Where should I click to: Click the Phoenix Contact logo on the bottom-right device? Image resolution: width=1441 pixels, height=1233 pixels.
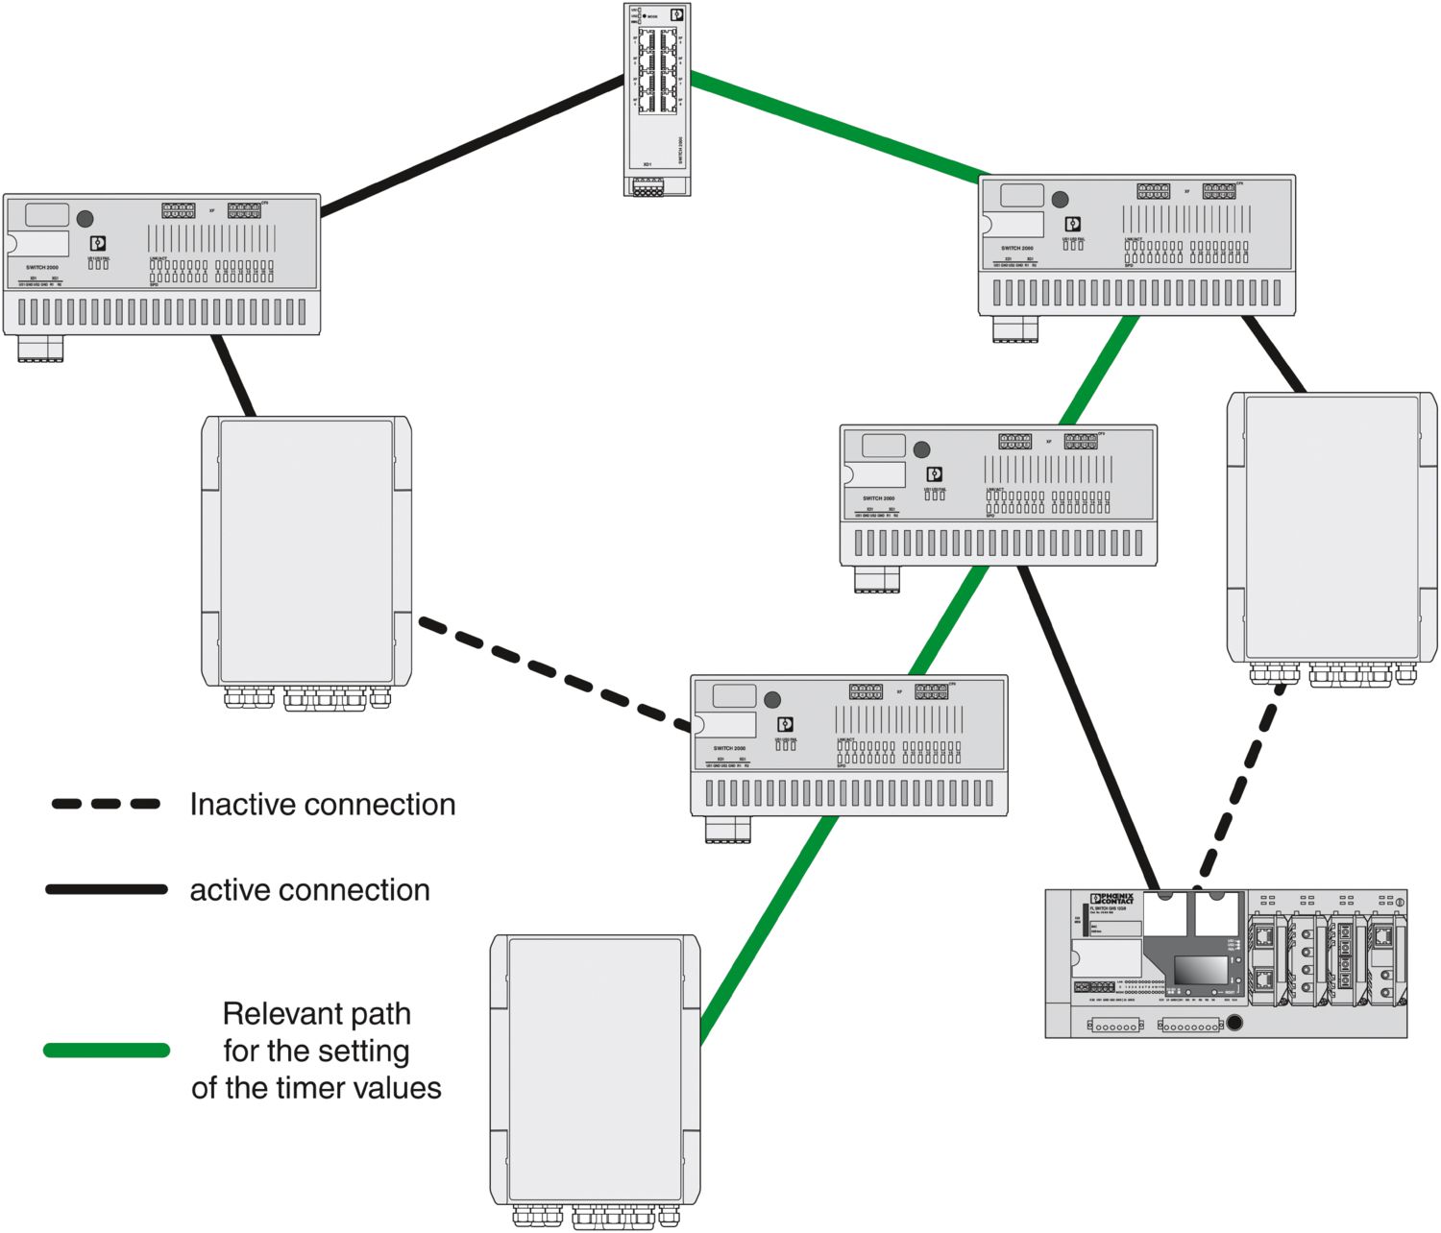click(x=1113, y=899)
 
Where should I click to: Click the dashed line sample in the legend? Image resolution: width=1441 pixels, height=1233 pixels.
click(x=106, y=804)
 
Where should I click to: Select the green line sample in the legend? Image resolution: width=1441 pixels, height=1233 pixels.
click(x=107, y=1051)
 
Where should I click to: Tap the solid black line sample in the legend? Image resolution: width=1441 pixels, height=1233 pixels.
click(x=107, y=890)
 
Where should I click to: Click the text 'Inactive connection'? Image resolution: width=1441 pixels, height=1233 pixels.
click(x=322, y=805)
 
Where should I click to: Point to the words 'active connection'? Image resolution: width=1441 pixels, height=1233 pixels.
click(x=309, y=890)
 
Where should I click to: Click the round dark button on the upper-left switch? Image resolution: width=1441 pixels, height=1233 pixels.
click(x=85, y=219)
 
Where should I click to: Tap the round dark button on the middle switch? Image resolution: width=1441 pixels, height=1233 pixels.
click(x=921, y=449)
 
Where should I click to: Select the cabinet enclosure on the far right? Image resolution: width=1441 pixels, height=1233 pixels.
click(x=1331, y=527)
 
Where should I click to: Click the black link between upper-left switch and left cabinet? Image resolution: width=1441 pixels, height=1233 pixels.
click(x=233, y=375)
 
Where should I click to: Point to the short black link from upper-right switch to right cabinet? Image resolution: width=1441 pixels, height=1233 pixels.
click(x=1274, y=353)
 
